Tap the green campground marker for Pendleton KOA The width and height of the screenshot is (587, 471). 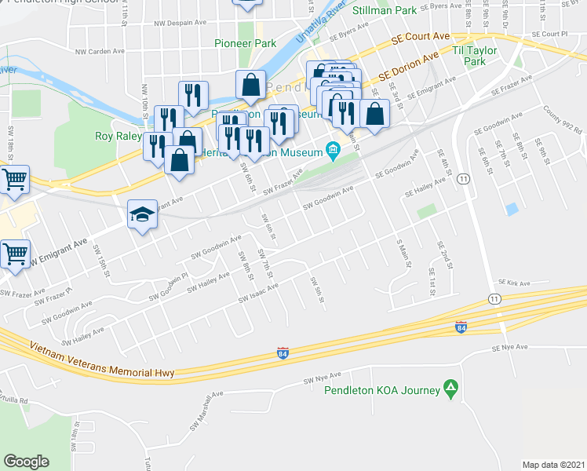(x=450, y=388)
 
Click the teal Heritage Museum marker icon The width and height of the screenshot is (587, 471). (x=333, y=149)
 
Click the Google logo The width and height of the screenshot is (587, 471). (x=26, y=461)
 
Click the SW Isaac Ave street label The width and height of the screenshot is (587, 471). (x=259, y=294)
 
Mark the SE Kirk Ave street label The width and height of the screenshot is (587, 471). (x=514, y=283)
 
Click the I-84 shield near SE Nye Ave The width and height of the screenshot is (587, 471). (x=460, y=326)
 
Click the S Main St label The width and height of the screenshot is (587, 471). (x=405, y=253)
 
